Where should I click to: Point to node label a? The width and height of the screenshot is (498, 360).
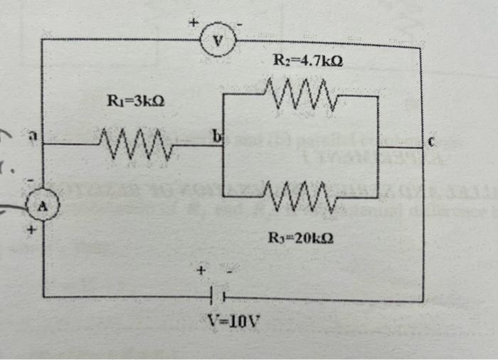[x=31, y=135]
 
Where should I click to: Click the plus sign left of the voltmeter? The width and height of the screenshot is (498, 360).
[x=192, y=23]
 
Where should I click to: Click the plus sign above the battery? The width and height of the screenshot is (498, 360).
[x=202, y=270]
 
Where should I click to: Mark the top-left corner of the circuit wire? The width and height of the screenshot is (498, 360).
[x=42, y=40]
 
